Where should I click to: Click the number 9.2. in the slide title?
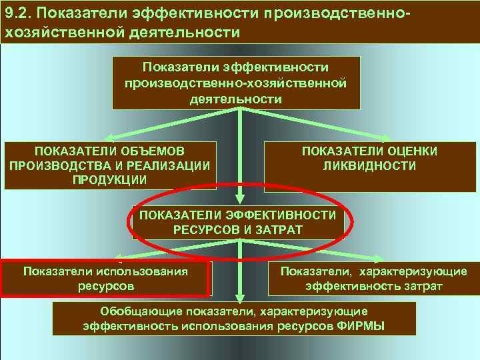[18, 12]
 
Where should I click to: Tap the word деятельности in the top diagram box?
[236, 99]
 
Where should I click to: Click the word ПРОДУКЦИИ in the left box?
[110, 180]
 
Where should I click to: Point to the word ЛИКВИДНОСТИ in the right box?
[369, 166]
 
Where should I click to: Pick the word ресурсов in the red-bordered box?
[105, 285]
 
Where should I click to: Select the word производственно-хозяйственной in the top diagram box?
[236, 83]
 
